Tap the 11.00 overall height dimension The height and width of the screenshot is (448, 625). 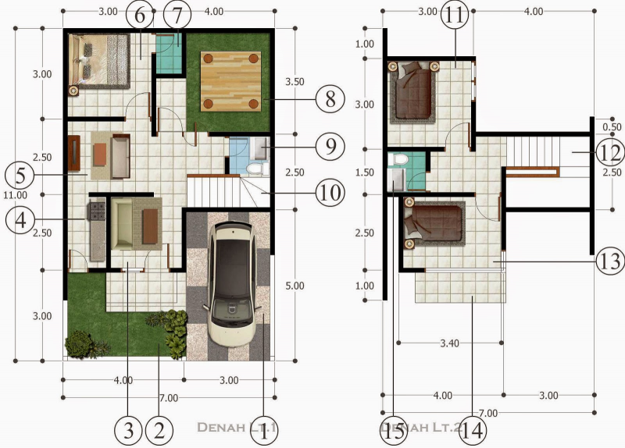tap(15, 195)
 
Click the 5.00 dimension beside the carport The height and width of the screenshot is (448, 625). tap(295, 286)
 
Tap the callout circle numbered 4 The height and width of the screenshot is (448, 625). tap(20, 220)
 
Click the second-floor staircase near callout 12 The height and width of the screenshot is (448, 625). tap(539, 150)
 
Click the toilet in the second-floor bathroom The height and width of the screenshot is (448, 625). tap(401, 160)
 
